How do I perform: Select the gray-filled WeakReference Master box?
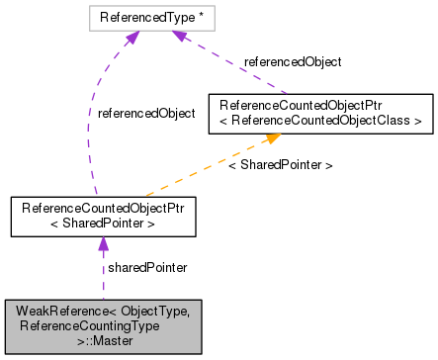click(103, 325)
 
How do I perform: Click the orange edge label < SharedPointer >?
click(280, 165)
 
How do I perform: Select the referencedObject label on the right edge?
click(293, 61)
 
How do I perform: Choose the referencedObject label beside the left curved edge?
click(146, 114)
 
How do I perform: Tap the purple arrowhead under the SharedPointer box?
click(103, 243)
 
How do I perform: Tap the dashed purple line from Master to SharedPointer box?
click(103, 277)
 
